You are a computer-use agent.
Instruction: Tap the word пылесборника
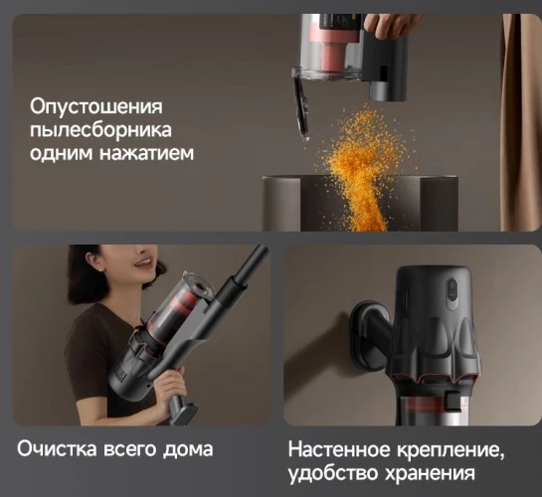tap(100, 129)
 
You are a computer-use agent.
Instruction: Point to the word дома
tap(189, 448)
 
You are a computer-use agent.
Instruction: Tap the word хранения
tap(427, 473)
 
